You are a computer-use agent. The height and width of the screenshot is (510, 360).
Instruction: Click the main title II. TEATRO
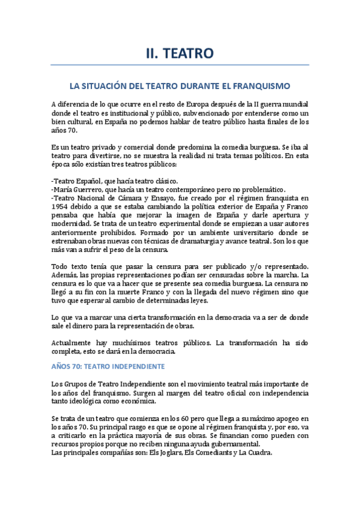[180, 54]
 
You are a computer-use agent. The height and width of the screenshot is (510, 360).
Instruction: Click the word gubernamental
[231, 444]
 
